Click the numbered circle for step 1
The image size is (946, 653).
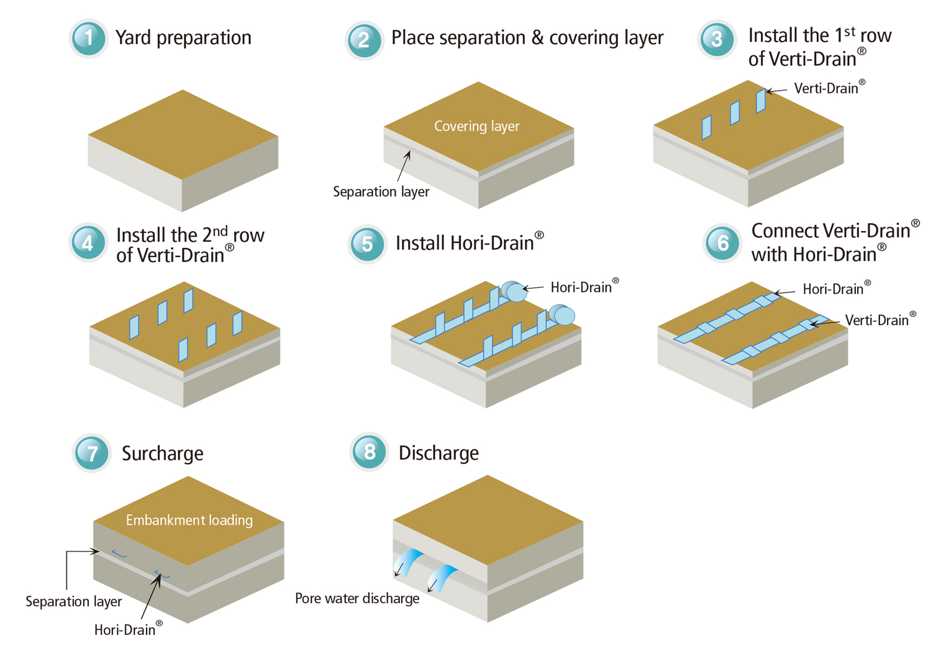(x=89, y=39)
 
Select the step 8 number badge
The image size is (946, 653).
(x=369, y=452)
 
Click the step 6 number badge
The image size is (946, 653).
(x=722, y=242)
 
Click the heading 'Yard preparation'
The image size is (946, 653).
(x=183, y=38)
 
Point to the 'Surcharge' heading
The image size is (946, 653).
(x=162, y=454)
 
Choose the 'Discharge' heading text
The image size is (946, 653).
(x=439, y=453)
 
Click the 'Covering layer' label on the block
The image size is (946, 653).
(x=476, y=126)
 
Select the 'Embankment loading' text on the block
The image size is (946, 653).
(x=189, y=520)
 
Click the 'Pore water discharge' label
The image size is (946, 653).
(x=357, y=598)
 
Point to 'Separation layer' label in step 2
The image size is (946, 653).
(x=381, y=192)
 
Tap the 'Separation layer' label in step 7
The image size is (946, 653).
(x=73, y=601)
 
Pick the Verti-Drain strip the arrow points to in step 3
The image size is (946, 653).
(x=760, y=101)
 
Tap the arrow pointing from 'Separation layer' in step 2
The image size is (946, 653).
(x=404, y=167)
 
